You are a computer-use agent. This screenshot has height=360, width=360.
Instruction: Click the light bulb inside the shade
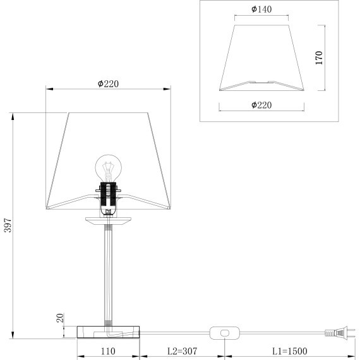[109, 168]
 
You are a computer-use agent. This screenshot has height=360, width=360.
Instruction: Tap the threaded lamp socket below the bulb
[108, 195]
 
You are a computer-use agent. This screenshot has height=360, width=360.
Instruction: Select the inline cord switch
[225, 333]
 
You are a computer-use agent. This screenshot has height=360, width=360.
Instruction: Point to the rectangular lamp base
[108, 332]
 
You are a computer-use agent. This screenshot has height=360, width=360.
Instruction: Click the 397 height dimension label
[8, 225]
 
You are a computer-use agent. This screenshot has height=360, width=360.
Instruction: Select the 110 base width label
[108, 351]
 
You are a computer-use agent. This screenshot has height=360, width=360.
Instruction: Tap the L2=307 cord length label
[182, 351]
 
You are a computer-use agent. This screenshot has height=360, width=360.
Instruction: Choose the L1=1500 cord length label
[289, 351]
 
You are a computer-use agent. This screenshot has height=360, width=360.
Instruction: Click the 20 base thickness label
[60, 318]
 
